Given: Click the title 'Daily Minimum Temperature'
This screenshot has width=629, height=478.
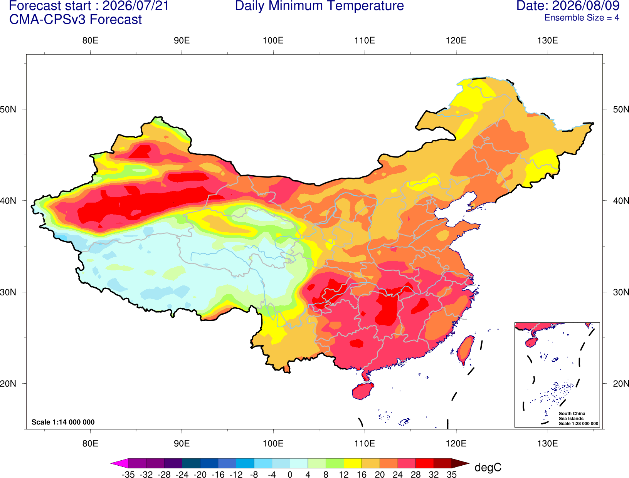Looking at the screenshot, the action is click(x=319, y=6).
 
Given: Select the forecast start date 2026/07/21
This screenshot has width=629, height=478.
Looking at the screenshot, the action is click(x=136, y=6).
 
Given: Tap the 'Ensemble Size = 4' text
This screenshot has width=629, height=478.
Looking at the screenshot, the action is click(x=582, y=18).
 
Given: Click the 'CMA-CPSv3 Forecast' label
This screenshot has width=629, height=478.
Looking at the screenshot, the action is click(x=76, y=20).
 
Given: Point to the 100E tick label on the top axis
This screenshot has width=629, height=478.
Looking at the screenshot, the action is click(x=273, y=40).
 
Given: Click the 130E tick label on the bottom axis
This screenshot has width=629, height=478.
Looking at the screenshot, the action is click(x=548, y=444).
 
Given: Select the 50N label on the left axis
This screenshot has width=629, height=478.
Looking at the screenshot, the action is click(x=8, y=109).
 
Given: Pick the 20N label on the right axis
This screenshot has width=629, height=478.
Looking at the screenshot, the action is click(x=621, y=384).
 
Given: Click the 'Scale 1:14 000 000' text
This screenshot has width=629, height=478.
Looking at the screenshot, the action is click(x=63, y=422).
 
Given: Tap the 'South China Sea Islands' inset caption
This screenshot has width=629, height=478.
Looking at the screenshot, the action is click(x=572, y=416).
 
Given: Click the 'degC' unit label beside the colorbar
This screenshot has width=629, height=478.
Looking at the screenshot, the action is click(x=488, y=467).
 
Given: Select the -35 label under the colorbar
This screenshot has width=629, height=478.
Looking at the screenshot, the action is click(x=128, y=475).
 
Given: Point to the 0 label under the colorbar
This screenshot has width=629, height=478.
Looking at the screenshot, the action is click(x=290, y=475).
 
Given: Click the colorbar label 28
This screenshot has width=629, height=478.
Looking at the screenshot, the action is click(x=415, y=475).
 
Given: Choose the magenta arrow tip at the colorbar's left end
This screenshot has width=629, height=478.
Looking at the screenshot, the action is click(x=111, y=463).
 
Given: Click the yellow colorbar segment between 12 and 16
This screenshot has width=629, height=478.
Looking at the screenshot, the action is click(x=353, y=463).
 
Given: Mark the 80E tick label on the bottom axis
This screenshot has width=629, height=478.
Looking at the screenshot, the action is click(x=90, y=444).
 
